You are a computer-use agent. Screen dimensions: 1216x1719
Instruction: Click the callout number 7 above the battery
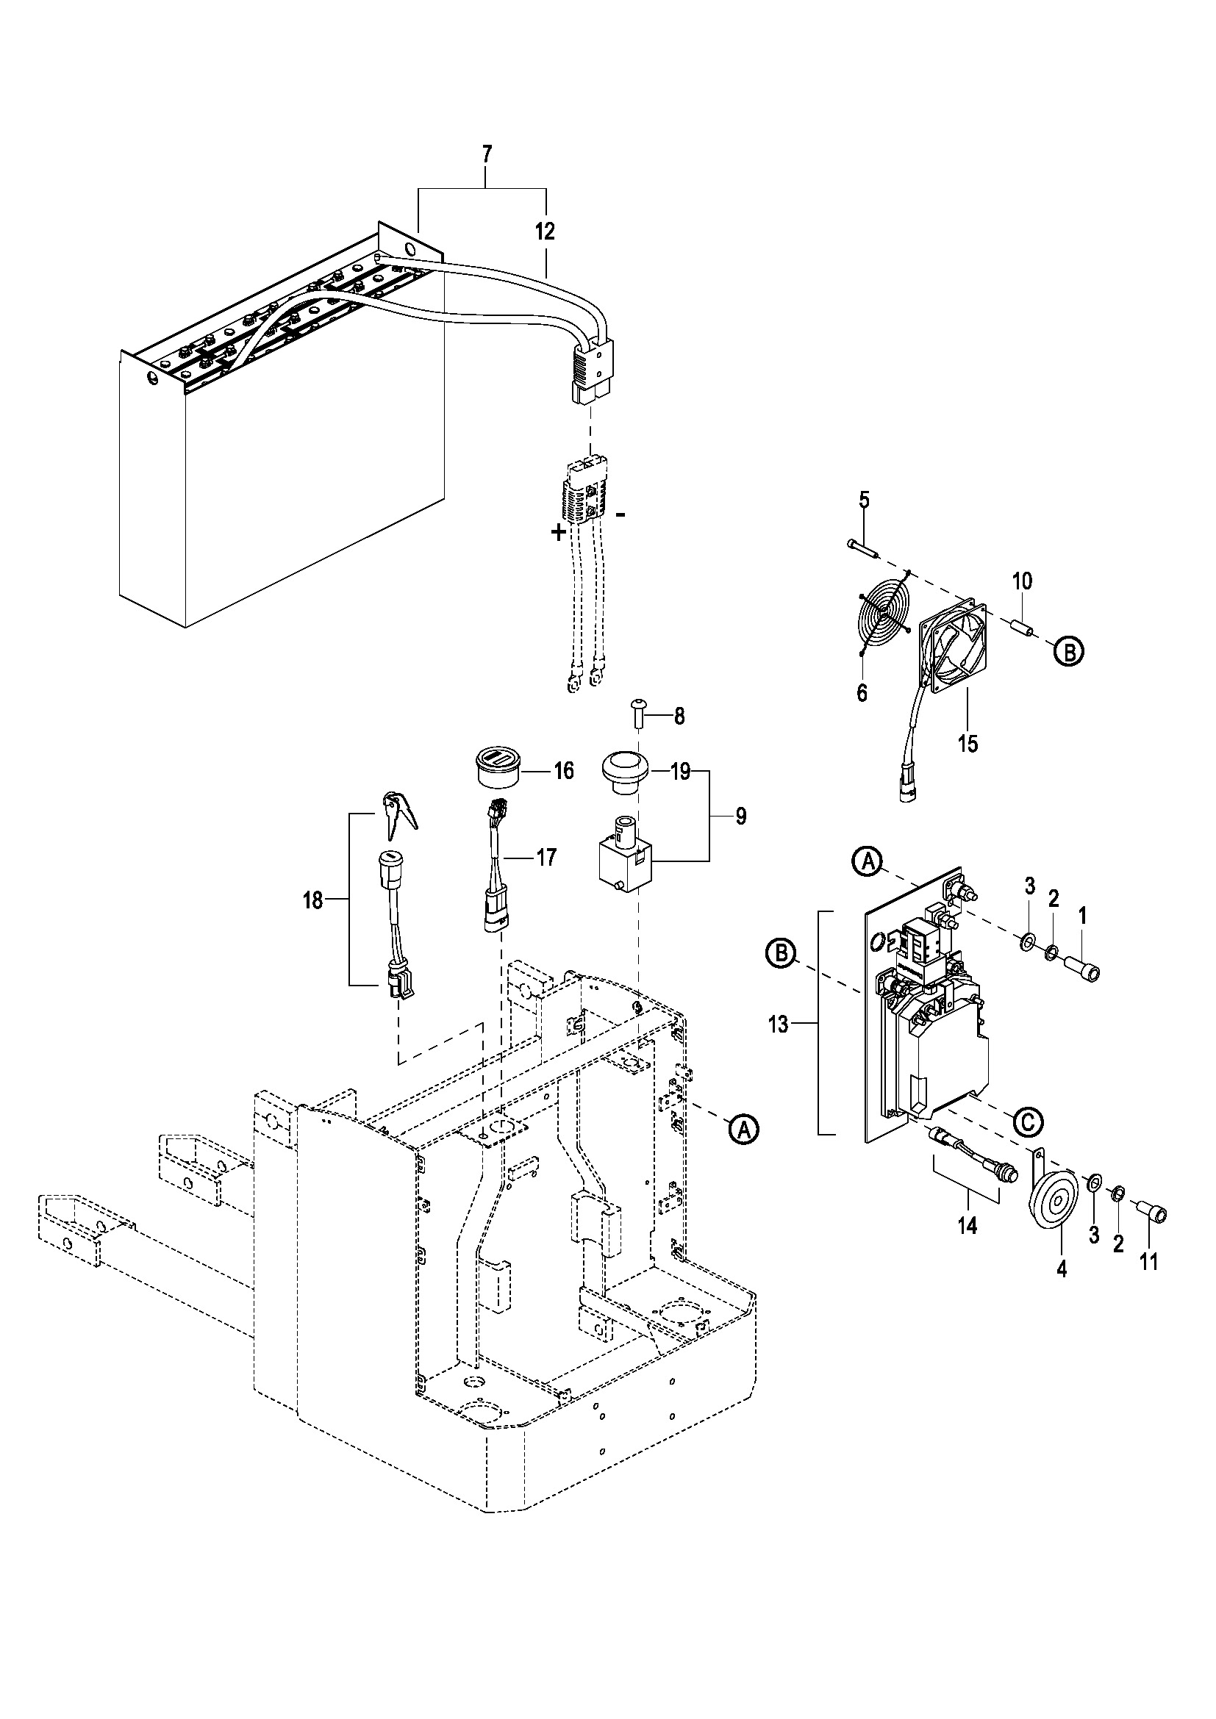(487, 155)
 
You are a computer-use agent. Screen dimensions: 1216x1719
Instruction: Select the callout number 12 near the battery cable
(545, 232)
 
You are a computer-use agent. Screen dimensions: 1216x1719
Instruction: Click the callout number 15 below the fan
(968, 744)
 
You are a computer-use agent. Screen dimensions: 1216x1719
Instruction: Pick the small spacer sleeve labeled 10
(1023, 628)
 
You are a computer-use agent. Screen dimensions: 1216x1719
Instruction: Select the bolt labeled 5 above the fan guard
(862, 548)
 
